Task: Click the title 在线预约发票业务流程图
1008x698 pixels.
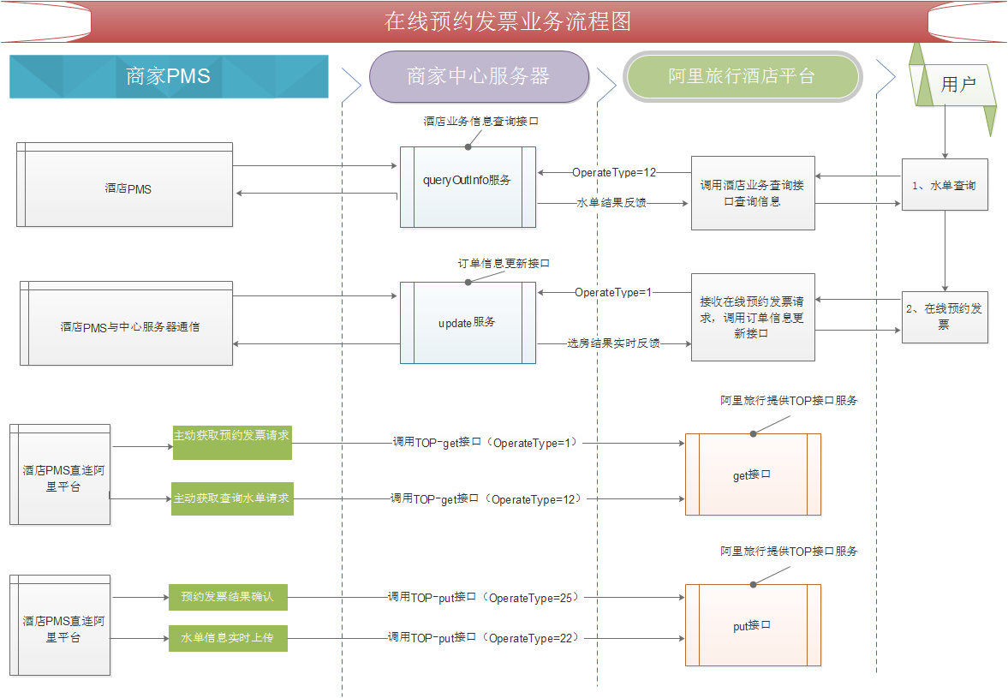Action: pyautogui.click(x=507, y=21)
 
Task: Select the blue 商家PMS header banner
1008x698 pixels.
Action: pyautogui.click(x=169, y=76)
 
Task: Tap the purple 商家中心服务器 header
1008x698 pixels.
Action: pyautogui.click(x=479, y=76)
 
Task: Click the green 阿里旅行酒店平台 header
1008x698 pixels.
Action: pyautogui.click(x=742, y=76)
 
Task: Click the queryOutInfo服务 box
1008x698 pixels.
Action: pyautogui.click(x=468, y=187)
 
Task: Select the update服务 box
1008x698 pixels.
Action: pyautogui.click(x=468, y=323)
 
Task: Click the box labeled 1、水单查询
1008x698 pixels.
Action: pyautogui.click(x=945, y=184)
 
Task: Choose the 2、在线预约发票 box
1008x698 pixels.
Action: pyautogui.click(x=945, y=317)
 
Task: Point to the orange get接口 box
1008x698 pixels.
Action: pyautogui.click(x=753, y=474)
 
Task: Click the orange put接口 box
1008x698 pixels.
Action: pyautogui.click(x=753, y=625)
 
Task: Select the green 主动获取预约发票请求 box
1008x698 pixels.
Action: pyautogui.click(x=232, y=442)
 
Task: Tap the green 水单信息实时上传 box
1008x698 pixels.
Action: pyautogui.click(x=228, y=638)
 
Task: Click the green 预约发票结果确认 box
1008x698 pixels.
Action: pyautogui.click(x=228, y=597)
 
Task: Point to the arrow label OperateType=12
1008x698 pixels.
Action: pyautogui.click(x=614, y=172)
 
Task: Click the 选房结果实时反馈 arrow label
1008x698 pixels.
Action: pyautogui.click(x=613, y=343)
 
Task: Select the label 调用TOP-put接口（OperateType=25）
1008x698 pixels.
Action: pyautogui.click(x=483, y=597)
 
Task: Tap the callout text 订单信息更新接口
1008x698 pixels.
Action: pyautogui.click(x=504, y=264)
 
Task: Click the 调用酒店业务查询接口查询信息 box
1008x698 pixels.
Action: pyautogui.click(x=753, y=193)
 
